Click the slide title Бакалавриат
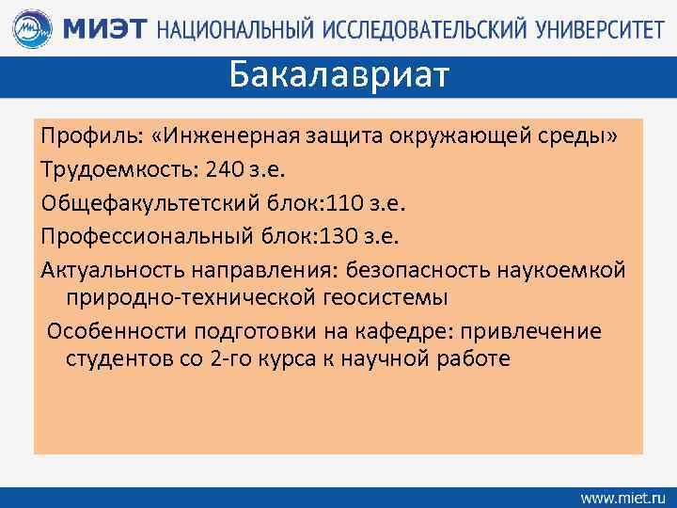point(339,73)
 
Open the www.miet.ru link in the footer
point(622,495)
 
